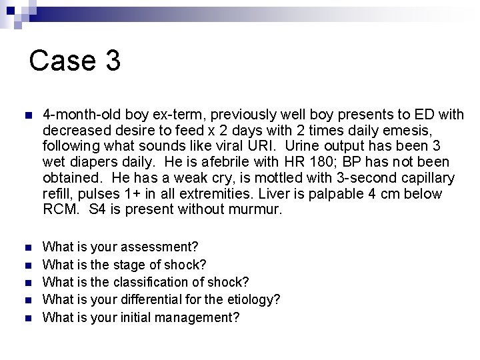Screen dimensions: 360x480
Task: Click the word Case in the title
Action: (62, 60)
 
